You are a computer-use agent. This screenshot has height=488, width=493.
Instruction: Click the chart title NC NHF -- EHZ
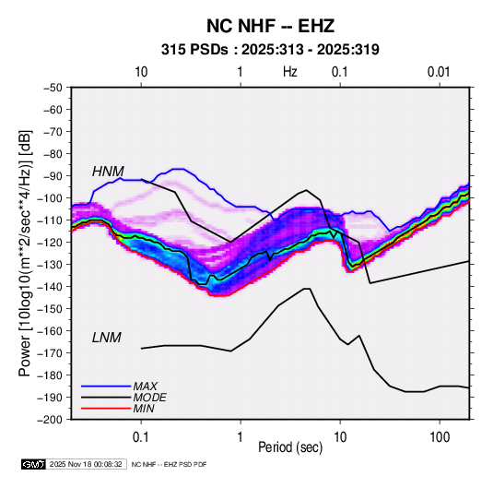(270, 26)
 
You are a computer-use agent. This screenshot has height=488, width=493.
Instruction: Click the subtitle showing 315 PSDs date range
(270, 50)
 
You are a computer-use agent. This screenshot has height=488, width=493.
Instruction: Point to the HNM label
(108, 172)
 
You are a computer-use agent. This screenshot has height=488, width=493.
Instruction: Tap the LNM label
(107, 338)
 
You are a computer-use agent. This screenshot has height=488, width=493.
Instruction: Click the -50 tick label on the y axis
(53, 88)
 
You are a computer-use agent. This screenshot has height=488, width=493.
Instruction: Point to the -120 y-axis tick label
(51, 242)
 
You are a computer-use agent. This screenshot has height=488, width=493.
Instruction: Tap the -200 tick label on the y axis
(51, 420)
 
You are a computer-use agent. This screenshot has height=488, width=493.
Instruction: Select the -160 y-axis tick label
(51, 331)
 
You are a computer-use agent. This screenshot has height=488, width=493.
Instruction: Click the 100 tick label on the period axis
(440, 437)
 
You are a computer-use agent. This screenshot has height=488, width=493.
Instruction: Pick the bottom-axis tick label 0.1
(141, 437)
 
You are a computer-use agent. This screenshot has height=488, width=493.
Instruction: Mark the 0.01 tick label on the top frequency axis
(439, 72)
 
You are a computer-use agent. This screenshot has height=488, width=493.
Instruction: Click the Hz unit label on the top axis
(290, 72)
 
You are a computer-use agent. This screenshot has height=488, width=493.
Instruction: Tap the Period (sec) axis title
(290, 447)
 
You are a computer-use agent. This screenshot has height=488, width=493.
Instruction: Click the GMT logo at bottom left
(33, 464)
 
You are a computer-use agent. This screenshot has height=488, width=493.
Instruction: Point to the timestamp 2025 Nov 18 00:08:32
(86, 464)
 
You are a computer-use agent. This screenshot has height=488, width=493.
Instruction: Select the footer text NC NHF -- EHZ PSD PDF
(170, 464)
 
